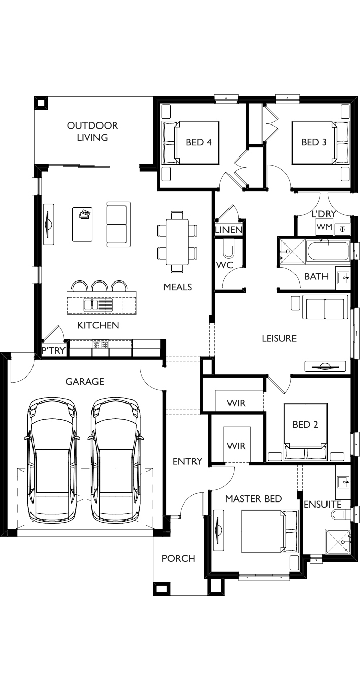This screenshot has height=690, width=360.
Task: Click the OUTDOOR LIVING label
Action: pyautogui.click(x=92, y=131)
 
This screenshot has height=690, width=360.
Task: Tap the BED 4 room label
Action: pyautogui.click(x=199, y=142)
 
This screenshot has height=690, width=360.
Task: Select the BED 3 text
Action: pyautogui.click(x=314, y=142)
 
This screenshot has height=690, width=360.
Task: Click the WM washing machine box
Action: pyautogui.click(x=324, y=227)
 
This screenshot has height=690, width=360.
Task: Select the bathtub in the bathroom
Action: pyautogui.click(x=328, y=252)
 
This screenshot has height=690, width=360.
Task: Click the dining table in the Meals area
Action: pyautogui.click(x=177, y=242)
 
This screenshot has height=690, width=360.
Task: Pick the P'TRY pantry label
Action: pyautogui.click(x=54, y=350)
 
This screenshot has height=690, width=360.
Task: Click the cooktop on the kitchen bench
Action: pyautogui.click(x=101, y=344)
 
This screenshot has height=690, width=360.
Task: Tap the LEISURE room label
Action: pyautogui.click(x=279, y=338)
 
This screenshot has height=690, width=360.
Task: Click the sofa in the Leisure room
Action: pyautogui.click(x=323, y=307)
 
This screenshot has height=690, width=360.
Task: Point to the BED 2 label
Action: pyautogui.click(x=305, y=424)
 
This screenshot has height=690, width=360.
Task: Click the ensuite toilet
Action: pyautogui.click(x=340, y=514)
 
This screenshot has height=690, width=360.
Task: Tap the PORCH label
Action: pyautogui.click(x=179, y=558)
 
